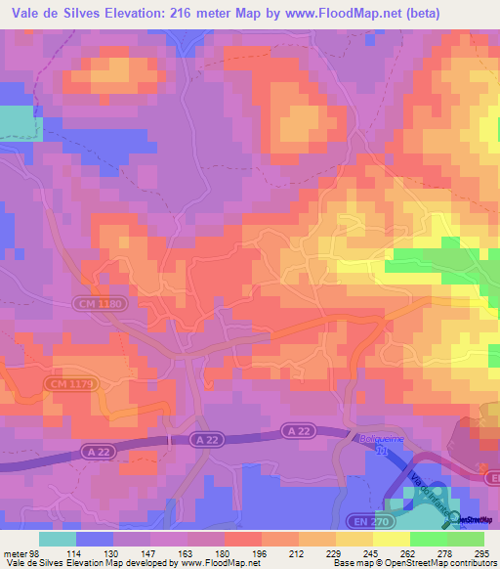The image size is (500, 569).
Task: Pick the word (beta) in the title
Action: pyautogui.click(x=419, y=14)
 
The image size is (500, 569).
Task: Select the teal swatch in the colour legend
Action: pyautogui.click(x=58, y=539)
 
